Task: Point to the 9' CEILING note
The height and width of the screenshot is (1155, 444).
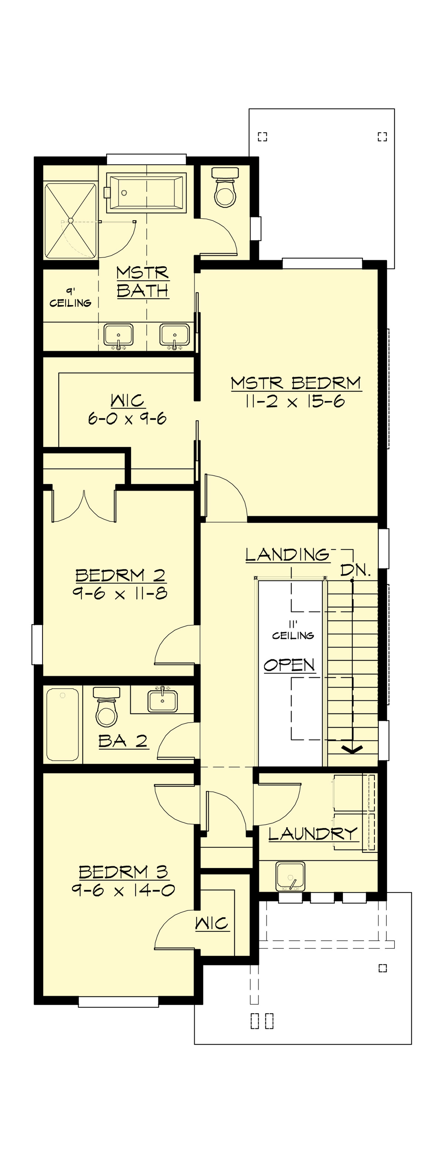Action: (70, 298)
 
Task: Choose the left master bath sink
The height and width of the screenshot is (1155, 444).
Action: (118, 335)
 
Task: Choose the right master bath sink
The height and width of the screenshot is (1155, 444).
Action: (175, 335)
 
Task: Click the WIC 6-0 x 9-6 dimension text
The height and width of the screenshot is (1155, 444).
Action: (127, 419)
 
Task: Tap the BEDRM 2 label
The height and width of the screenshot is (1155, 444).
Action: (120, 575)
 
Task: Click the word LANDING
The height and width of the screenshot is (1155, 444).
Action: (287, 555)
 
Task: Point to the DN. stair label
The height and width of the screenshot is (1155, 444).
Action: (355, 570)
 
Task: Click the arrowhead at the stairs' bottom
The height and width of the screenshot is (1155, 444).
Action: (353, 749)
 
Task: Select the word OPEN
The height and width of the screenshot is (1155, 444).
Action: (289, 665)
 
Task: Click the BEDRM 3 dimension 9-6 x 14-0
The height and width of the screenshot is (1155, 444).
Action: (123, 890)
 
